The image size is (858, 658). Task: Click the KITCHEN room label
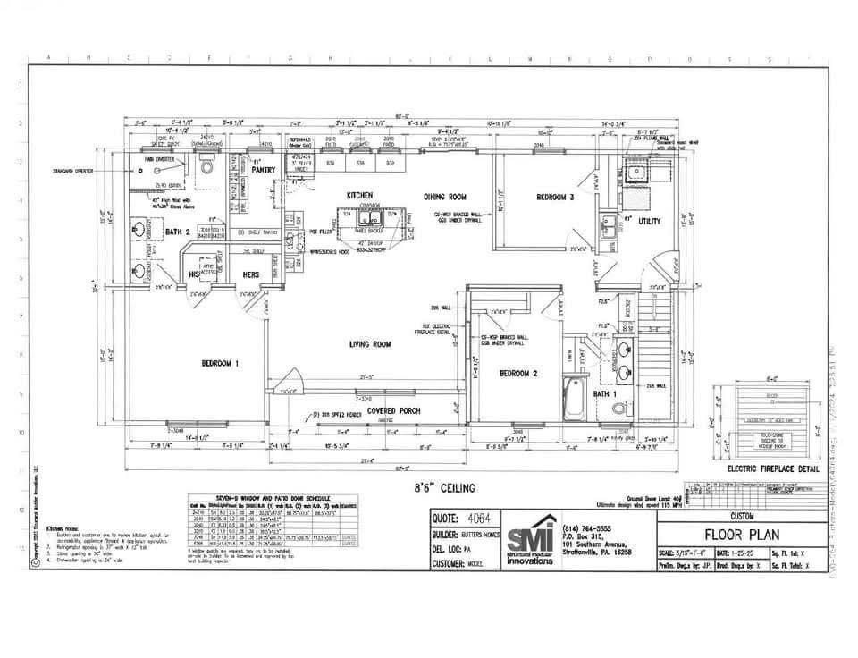point(359,194)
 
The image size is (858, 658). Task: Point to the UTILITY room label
point(648,220)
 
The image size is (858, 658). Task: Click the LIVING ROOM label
point(370,343)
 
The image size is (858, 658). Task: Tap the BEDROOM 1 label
point(220,364)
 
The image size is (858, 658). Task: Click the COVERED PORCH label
point(394,410)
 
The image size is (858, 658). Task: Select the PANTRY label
point(263,169)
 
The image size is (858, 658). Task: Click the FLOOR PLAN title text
point(741,535)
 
